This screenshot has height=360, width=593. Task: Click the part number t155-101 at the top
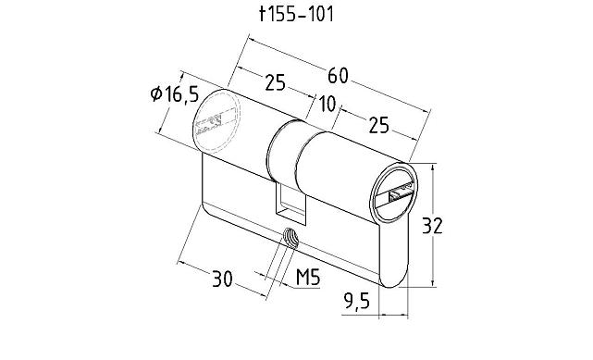click(296, 15)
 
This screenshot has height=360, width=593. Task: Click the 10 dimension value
click(326, 102)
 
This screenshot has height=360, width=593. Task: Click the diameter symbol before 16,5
click(155, 93)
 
